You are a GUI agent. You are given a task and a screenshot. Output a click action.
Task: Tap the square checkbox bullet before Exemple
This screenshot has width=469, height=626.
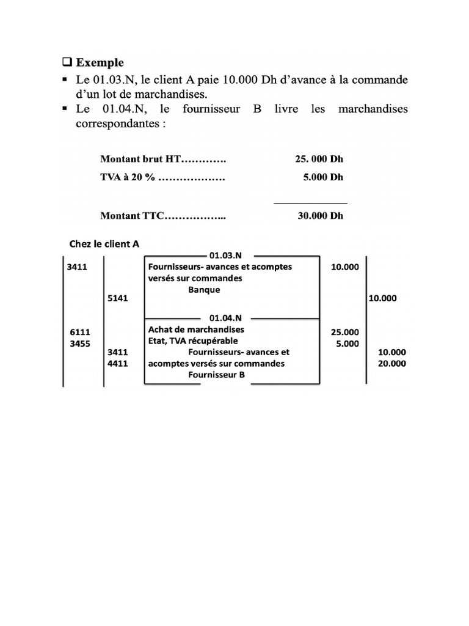[x=67, y=62]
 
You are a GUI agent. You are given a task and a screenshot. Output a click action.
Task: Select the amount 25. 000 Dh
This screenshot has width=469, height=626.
[x=319, y=159]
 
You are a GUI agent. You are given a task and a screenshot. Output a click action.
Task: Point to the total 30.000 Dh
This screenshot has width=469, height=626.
[x=321, y=216]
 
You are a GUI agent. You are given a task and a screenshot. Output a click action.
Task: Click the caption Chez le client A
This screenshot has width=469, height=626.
[x=104, y=244]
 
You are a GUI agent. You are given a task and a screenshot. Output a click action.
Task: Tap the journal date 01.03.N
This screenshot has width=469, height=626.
[x=225, y=256]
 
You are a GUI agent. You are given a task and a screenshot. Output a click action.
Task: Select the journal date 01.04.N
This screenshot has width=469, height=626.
[x=225, y=318]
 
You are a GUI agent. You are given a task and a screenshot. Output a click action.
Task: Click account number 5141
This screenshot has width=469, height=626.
[x=117, y=298]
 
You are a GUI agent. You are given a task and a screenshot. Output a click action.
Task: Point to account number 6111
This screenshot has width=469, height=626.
[x=80, y=332]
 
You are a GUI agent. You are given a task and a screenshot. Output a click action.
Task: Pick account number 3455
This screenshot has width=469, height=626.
[x=80, y=343]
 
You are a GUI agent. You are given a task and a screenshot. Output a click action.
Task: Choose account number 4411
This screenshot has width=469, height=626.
[x=117, y=364]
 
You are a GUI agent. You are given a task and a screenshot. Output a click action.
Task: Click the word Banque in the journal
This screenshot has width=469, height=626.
[x=204, y=290]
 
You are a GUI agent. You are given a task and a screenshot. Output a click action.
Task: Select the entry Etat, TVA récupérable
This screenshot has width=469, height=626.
[x=193, y=341]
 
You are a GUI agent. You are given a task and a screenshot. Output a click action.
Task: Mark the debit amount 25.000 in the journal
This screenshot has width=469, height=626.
[x=344, y=332]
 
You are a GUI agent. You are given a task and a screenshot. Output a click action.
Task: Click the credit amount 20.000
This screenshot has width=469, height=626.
[x=392, y=364]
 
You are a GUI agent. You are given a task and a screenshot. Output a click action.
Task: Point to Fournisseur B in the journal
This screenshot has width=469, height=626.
[x=217, y=375]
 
